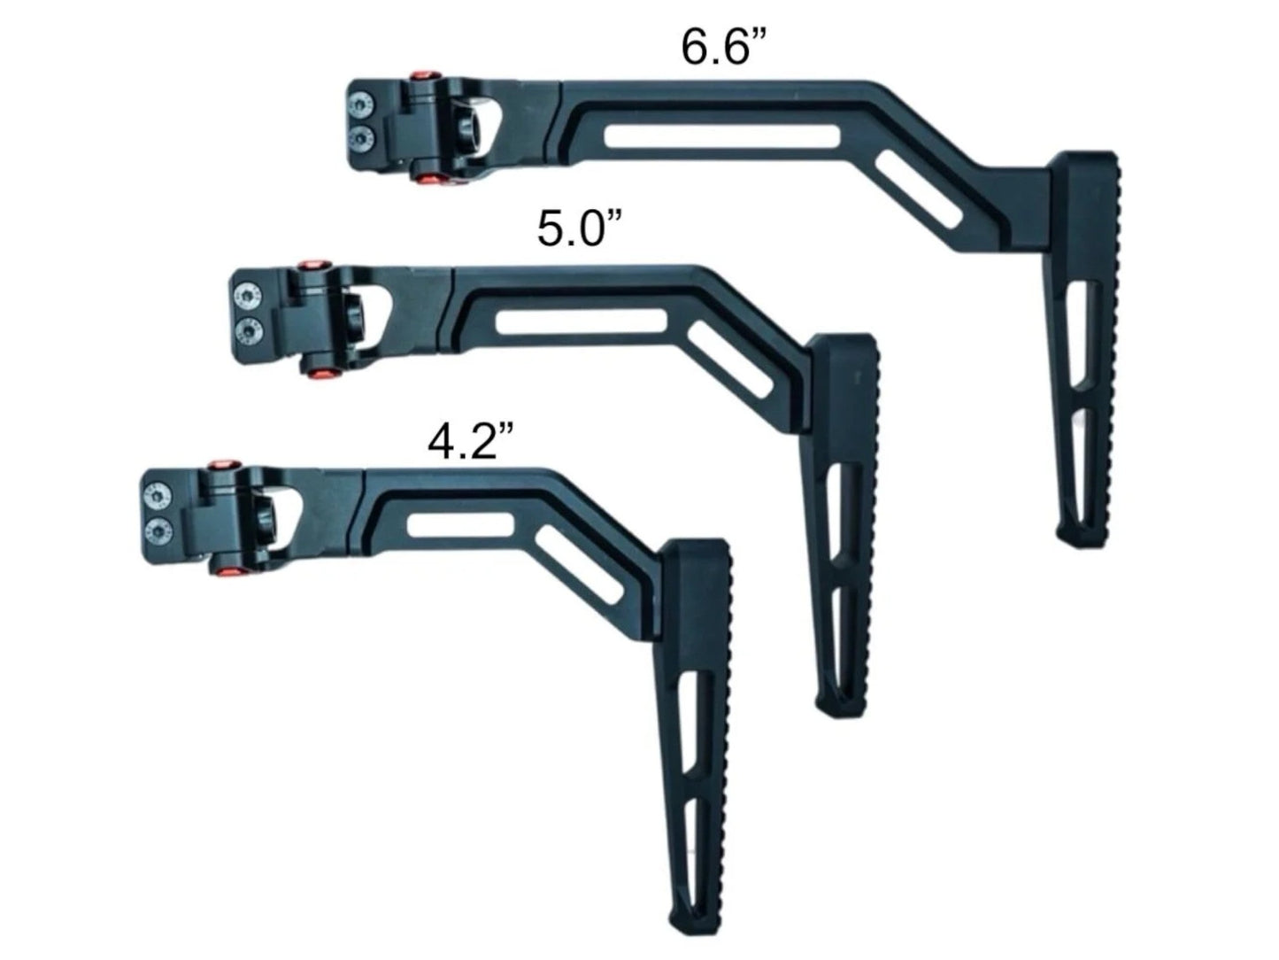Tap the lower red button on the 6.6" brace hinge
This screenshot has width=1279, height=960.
click(x=430, y=180)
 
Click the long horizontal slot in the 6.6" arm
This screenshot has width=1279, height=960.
click(x=721, y=136)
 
